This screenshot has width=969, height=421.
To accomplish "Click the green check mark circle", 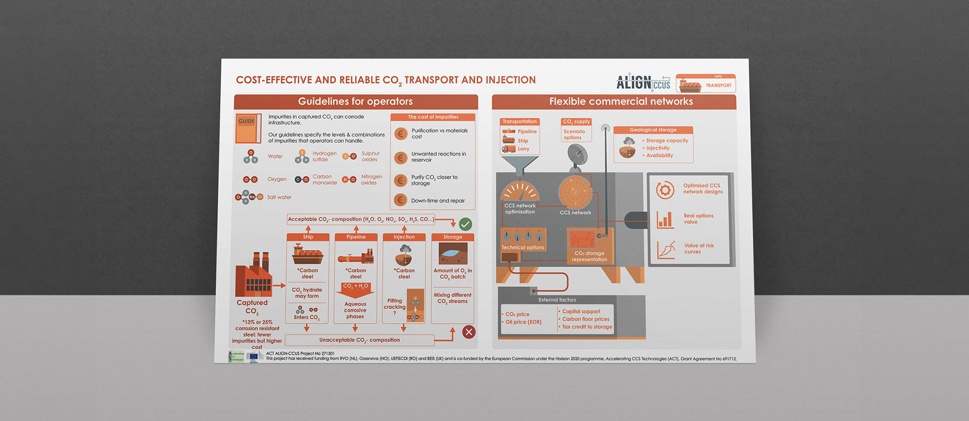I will point(465,224).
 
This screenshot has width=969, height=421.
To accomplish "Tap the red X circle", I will point(469,332).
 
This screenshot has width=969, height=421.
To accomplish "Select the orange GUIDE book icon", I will point(248,128).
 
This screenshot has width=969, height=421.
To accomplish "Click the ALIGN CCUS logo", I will point(643,83).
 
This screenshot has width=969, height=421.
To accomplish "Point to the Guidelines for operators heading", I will point(355,101).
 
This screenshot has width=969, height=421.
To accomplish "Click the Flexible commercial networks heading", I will point(621,101).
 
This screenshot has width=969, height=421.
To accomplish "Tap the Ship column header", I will point(308,237).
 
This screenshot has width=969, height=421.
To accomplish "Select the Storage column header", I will point(453,237).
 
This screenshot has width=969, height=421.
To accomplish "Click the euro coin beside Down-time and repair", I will point(401,200).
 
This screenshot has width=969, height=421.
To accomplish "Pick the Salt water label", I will point(279,197).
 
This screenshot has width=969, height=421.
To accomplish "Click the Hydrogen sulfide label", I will point(324,156).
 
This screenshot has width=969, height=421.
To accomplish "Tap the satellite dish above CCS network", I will point(577,155).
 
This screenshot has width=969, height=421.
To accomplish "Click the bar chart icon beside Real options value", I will point(665,219).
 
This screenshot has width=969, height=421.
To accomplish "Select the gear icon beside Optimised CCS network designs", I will point(665,190).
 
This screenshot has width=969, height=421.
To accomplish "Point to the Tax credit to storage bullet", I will point(587,327).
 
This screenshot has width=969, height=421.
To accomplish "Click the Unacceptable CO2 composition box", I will point(359,340).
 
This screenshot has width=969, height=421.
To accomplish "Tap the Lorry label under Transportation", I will point(523,149).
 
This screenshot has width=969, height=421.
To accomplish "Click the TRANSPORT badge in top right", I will point(706,84).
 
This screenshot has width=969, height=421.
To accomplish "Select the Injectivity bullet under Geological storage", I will point(658,148).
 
